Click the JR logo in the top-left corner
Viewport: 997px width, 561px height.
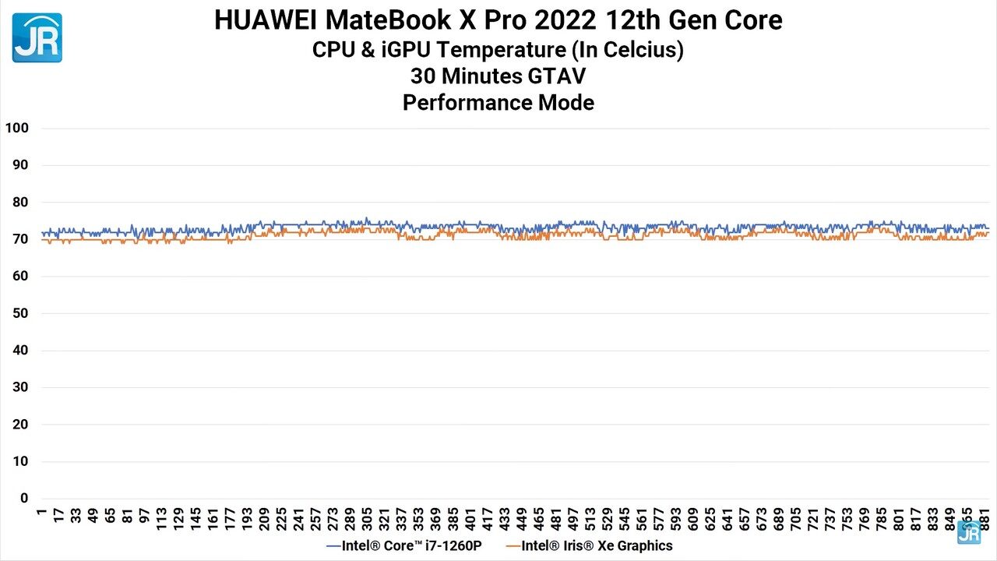37,37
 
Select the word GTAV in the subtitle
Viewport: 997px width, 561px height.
558,76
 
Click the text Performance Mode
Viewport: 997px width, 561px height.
498,102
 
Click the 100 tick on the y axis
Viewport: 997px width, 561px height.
16,128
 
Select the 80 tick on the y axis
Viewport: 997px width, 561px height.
19,202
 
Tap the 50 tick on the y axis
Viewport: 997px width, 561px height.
19,313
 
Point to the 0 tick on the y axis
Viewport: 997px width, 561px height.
23,499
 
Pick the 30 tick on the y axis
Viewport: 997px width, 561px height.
19,387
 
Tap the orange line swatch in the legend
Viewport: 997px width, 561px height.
513,545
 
